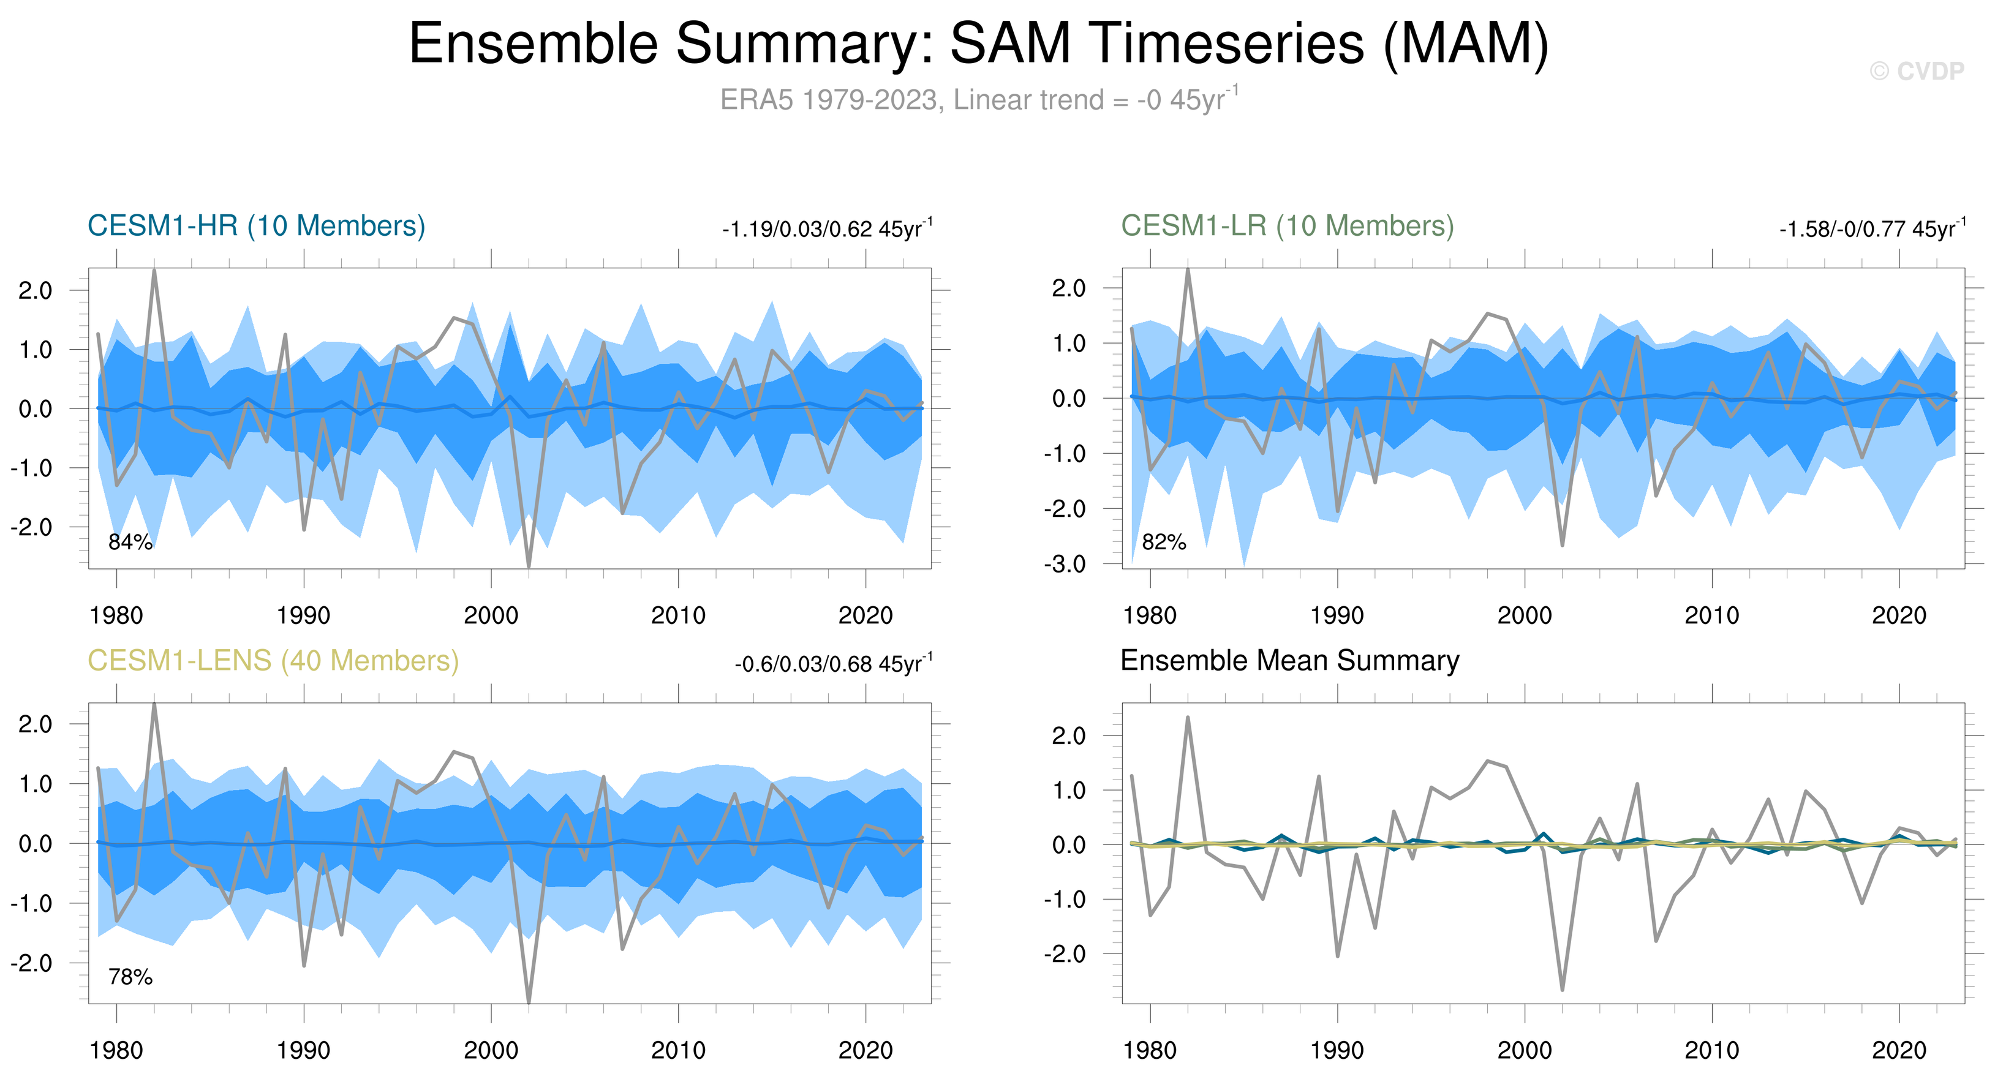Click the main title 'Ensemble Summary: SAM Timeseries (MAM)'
(979, 43)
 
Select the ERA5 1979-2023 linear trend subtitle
(979, 100)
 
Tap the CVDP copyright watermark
(1917, 71)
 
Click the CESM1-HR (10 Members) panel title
(257, 226)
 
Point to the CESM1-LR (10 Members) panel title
(1287, 226)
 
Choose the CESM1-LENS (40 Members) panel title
(273, 660)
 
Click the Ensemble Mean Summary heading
(1289, 660)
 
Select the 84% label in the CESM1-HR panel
(130, 542)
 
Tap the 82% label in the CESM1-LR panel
(1163, 542)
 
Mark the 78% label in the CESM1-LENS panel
(130, 977)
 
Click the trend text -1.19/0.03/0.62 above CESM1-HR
(827, 229)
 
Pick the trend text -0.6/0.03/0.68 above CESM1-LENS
(833, 664)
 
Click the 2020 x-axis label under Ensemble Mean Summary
(1898, 1050)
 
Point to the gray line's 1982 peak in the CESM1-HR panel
(154, 270)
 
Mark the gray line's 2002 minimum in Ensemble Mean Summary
(1562, 989)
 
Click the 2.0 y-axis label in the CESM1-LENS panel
(36, 724)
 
